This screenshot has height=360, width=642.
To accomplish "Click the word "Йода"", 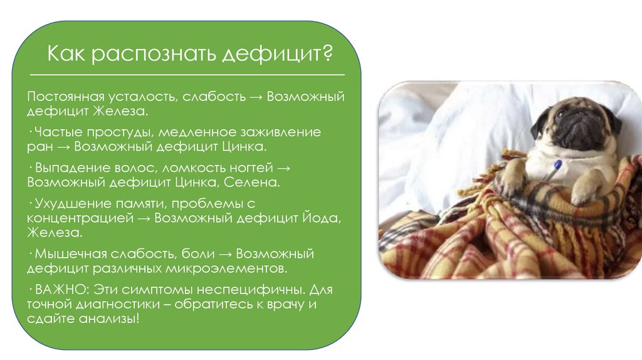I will (309, 218).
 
